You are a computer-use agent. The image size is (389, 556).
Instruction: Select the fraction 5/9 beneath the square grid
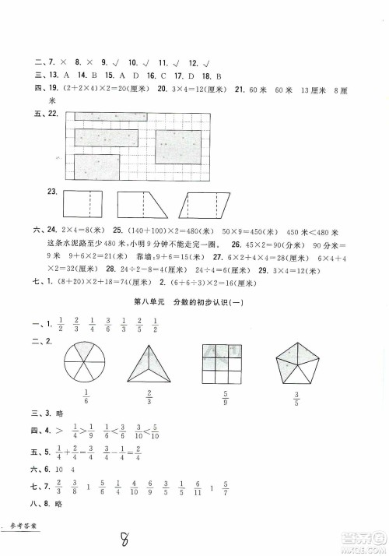pos(225,408)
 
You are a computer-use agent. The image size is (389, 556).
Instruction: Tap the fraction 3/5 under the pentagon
pos(298,408)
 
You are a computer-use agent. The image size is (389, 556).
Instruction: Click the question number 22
pos(54,114)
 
